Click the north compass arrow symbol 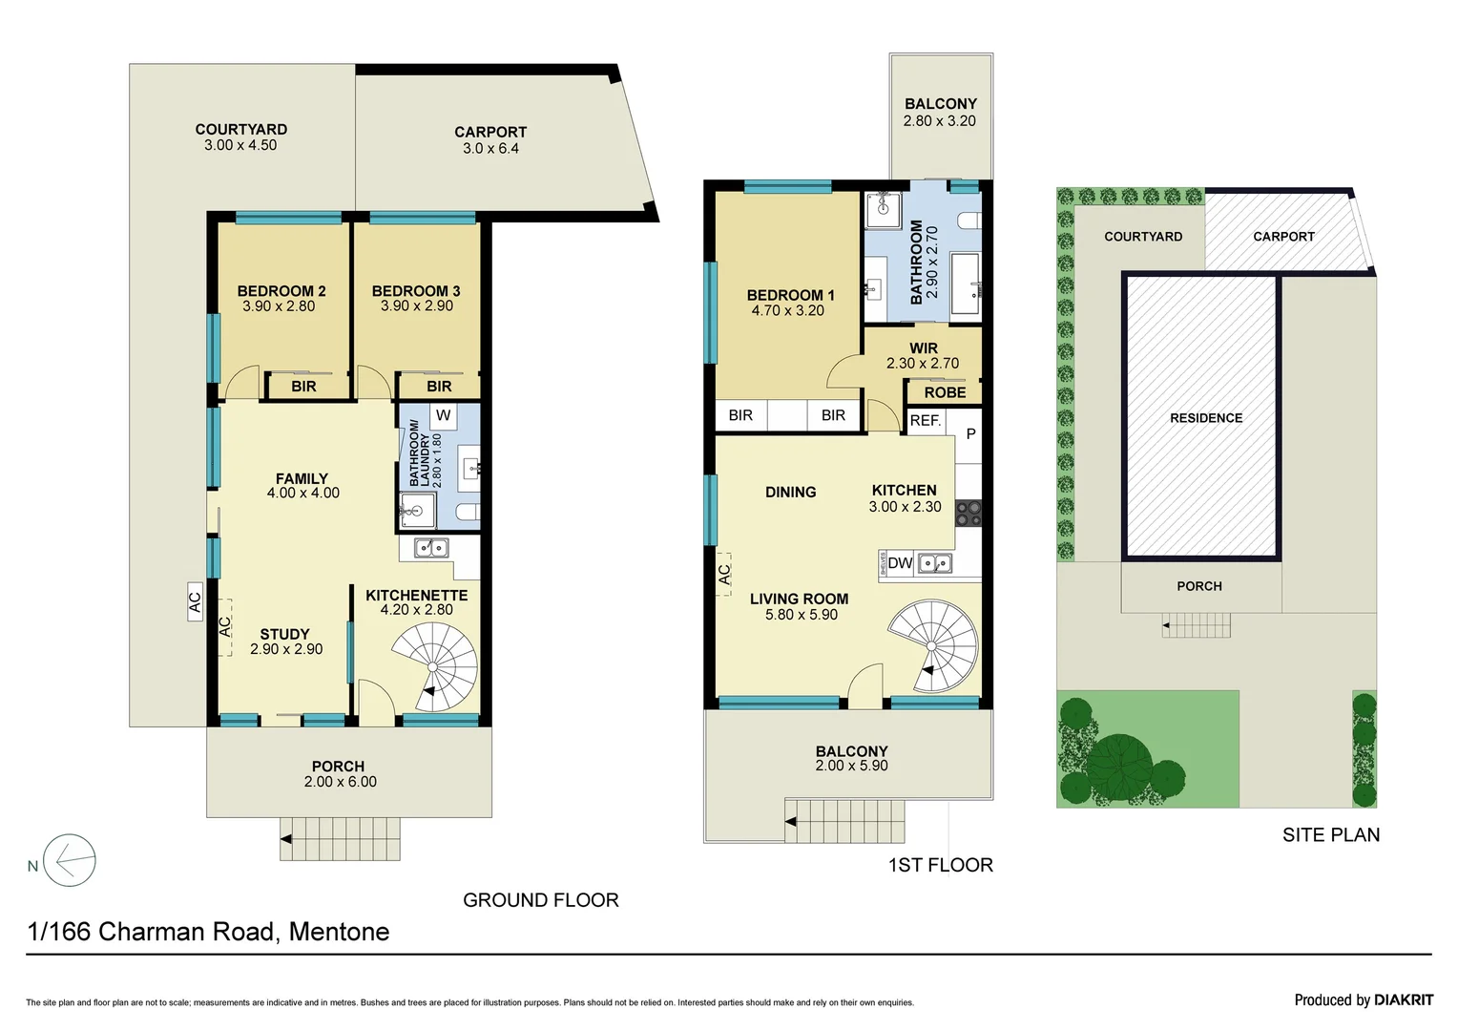pyautogui.click(x=70, y=861)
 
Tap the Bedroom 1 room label pyautogui.click(x=790, y=295)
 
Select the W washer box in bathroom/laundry pyautogui.click(x=443, y=415)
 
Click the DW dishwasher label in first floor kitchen pyautogui.click(x=900, y=563)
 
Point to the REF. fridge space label pyautogui.click(x=925, y=420)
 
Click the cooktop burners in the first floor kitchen pyautogui.click(x=969, y=514)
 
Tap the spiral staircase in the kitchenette pyautogui.click(x=434, y=666)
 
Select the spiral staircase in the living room pyautogui.click(x=933, y=645)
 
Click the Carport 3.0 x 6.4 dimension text pyautogui.click(x=490, y=149)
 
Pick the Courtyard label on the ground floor pyautogui.click(x=240, y=129)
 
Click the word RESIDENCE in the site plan pyautogui.click(x=1206, y=418)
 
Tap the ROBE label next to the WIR pyautogui.click(x=945, y=392)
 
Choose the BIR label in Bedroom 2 pyautogui.click(x=303, y=387)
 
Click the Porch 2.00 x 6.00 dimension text pyautogui.click(x=340, y=782)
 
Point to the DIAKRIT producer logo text pyautogui.click(x=1404, y=999)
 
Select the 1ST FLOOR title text pyautogui.click(x=940, y=865)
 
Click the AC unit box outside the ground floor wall pyautogui.click(x=195, y=602)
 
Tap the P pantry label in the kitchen pyautogui.click(x=970, y=433)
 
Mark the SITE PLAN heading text pyautogui.click(x=1330, y=835)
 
